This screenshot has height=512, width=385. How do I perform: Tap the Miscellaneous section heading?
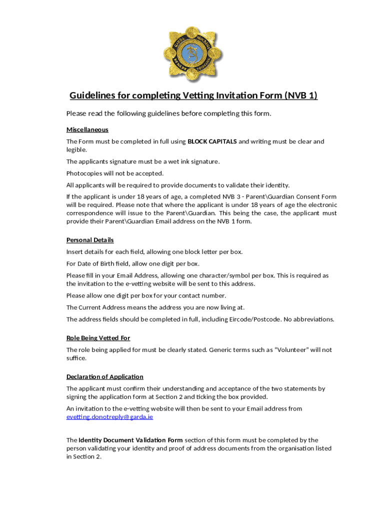(x=87, y=129)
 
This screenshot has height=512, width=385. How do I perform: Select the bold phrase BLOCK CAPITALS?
(x=212, y=141)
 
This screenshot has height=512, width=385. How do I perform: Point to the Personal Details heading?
(x=90, y=240)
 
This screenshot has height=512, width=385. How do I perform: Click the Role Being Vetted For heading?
(x=98, y=338)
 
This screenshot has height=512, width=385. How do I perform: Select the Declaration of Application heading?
(x=105, y=377)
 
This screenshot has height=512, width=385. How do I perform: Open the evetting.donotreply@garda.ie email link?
(x=109, y=417)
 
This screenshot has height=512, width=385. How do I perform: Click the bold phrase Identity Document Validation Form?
(x=130, y=440)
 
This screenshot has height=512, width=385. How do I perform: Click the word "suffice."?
(x=76, y=358)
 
